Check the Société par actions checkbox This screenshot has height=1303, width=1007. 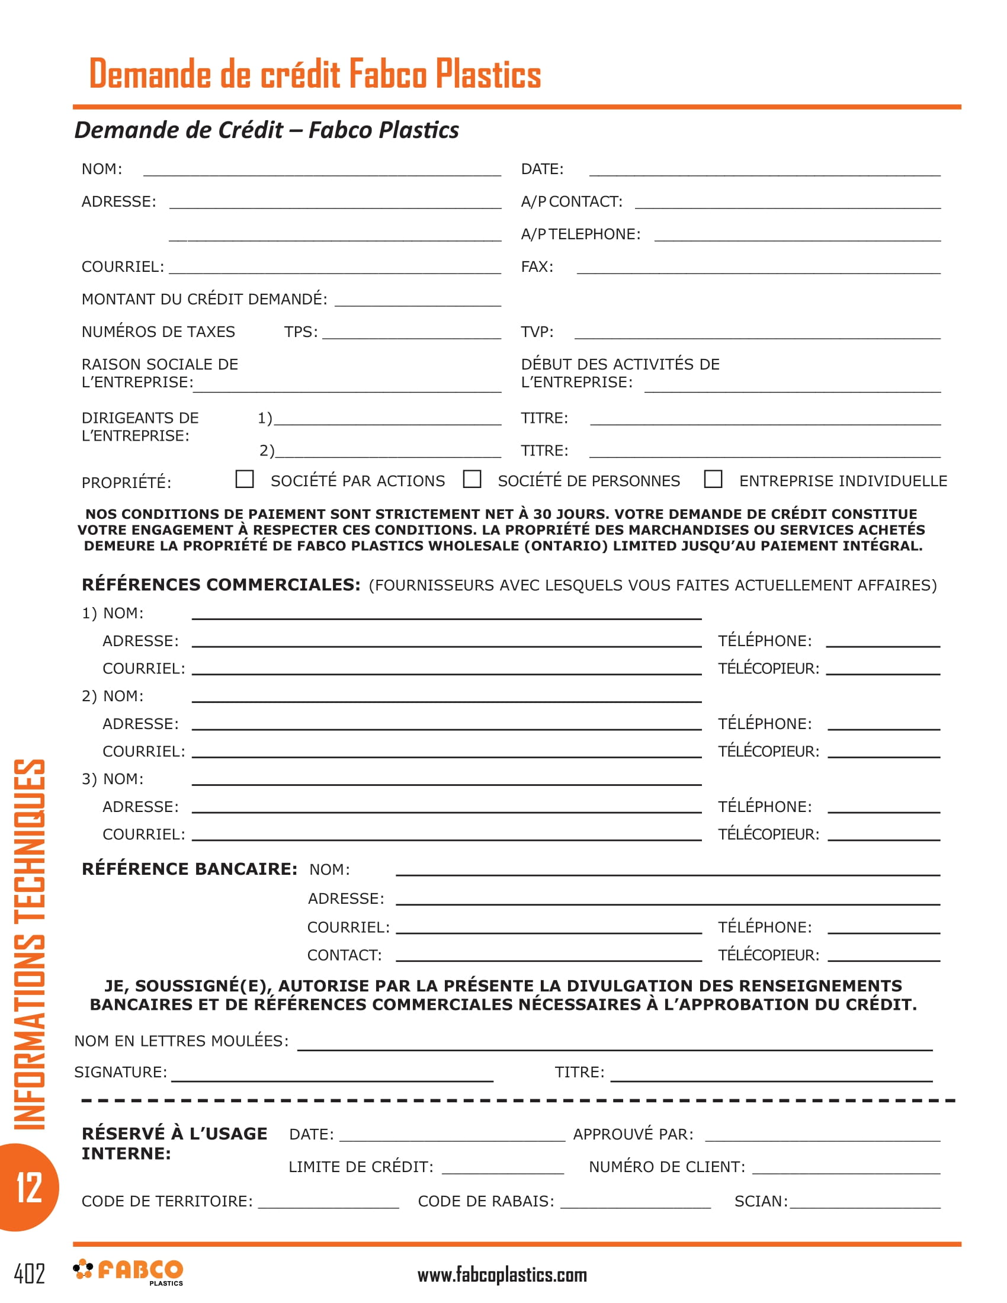pyautogui.click(x=245, y=479)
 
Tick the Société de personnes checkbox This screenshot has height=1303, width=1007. pyautogui.click(x=472, y=479)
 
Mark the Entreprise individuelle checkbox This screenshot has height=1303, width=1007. pyautogui.click(x=713, y=479)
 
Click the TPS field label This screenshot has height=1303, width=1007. pyautogui.click(x=301, y=332)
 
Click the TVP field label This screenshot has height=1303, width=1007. pyautogui.click(x=537, y=332)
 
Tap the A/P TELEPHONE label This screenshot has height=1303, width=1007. pyautogui.click(x=581, y=234)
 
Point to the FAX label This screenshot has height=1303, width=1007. pyautogui.click(x=537, y=267)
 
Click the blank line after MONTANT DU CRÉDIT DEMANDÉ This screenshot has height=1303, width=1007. pyautogui.click(x=418, y=301)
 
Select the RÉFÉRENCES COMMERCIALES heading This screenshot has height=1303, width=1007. pyautogui.click(x=221, y=585)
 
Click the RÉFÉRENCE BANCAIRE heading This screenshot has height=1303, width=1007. pyautogui.click(x=189, y=869)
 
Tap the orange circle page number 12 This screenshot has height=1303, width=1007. pyautogui.click(x=28, y=1188)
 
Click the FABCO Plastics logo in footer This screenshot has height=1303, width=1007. pyautogui.click(x=129, y=1272)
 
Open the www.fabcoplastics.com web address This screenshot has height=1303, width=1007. pyautogui.click(x=502, y=1275)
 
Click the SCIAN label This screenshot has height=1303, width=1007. pyautogui.click(x=761, y=1201)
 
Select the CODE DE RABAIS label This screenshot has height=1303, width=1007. pyautogui.click(x=486, y=1201)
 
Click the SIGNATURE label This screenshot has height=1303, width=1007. pyautogui.click(x=120, y=1072)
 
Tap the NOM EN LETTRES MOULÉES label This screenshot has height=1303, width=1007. pyautogui.click(x=181, y=1041)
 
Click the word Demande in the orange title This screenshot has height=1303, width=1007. pyautogui.click(x=149, y=74)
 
